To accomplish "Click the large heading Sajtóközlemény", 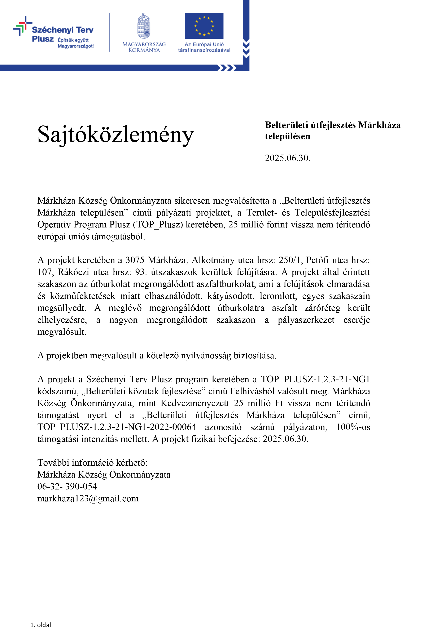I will point(115,134).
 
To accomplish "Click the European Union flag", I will point(204,26).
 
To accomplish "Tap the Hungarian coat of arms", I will point(144,26).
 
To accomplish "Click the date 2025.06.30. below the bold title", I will point(287,158).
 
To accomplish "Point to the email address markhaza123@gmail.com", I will point(88,498).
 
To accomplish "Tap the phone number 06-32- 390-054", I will point(67,487).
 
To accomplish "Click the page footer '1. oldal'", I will point(41,625).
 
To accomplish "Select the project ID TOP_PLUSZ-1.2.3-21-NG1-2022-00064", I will point(117,427).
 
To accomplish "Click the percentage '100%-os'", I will point(353,427).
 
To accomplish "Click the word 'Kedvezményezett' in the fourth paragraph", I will point(195,403).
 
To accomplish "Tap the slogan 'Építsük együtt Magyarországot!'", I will point(76,43).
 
